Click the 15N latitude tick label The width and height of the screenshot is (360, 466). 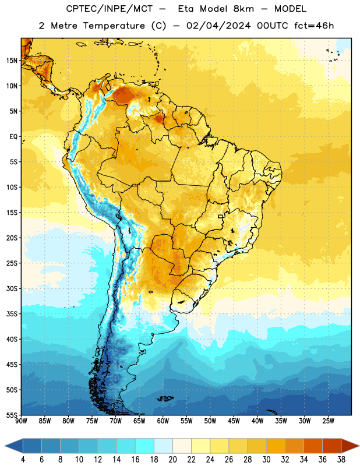[x=12, y=61]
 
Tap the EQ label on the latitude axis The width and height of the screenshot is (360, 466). [x=13, y=137]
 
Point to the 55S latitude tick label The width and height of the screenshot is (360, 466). [x=12, y=415]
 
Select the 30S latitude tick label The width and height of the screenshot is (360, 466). [x=12, y=288]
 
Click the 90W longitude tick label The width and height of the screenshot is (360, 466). [x=21, y=421]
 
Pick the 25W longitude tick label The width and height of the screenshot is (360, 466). [x=328, y=421]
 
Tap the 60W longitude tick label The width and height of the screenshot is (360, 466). [x=163, y=421]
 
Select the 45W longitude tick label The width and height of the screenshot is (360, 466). [x=234, y=421]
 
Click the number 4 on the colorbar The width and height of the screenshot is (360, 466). [x=23, y=460]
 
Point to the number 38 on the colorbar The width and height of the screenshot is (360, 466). [x=341, y=460]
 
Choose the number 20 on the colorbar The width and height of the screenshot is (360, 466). [x=172, y=460]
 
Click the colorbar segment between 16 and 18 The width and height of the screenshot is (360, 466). [x=145, y=446]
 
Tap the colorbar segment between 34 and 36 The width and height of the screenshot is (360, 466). [x=313, y=446]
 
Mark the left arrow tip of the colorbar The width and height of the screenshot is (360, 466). [x=5, y=446]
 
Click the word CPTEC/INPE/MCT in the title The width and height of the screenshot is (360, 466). [x=110, y=9]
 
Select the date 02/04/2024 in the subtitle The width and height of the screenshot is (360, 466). [x=218, y=26]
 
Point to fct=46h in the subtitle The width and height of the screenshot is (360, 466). [x=314, y=26]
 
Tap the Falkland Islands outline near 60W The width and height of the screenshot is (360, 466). [x=165, y=398]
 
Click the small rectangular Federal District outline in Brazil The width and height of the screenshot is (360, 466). [x=221, y=216]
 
